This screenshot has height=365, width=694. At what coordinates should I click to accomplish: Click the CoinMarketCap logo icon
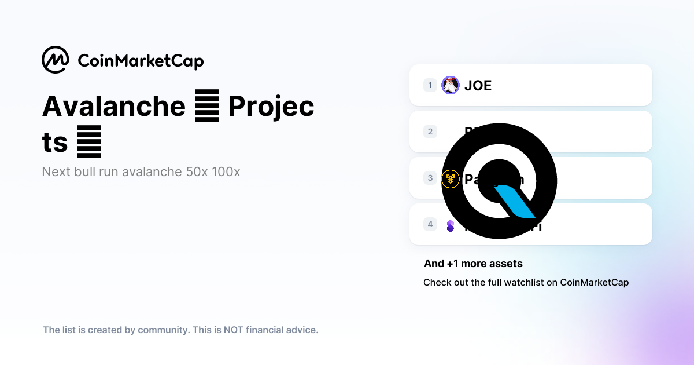pos(56,60)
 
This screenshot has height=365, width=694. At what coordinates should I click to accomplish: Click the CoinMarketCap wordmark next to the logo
pos(141,61)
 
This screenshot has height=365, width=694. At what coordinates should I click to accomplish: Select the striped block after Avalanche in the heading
pos(207,107)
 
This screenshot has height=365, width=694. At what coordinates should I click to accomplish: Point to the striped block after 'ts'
pos(89,141)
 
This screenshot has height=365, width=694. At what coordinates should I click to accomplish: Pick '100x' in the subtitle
pos(226,172)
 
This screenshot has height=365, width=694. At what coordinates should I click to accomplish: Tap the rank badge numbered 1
pos(430,85)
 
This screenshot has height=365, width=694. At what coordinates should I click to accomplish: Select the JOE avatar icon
pos(450,85)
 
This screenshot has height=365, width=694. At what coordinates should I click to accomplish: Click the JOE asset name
pos(478,86)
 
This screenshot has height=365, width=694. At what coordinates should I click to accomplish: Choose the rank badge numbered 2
pos(430,132)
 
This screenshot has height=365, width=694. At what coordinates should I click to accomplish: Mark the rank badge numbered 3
pos(430,178)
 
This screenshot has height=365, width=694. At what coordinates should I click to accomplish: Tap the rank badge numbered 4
pos(430,224)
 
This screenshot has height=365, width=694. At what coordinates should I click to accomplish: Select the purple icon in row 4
pos(451,225)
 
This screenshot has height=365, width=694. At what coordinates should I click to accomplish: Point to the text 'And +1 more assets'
pos(473,264)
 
